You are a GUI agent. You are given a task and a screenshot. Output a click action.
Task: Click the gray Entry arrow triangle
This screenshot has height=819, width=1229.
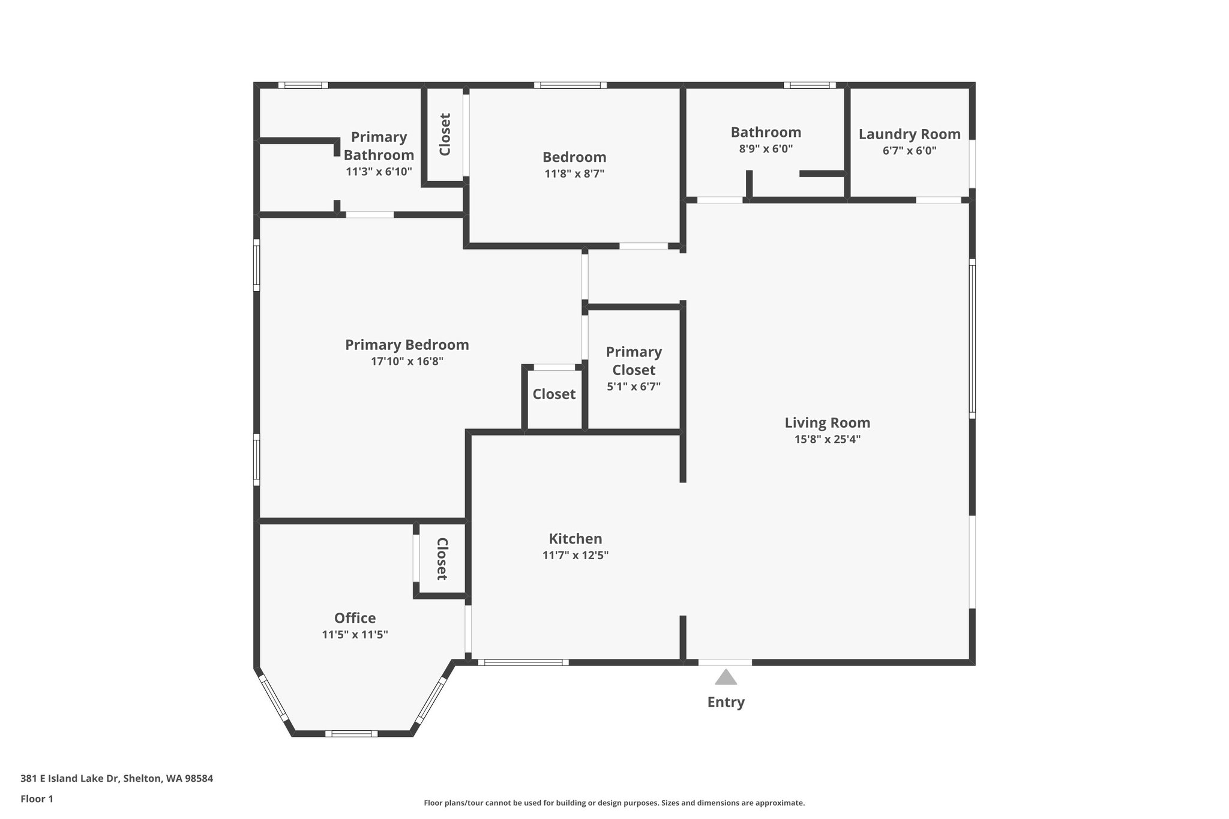tap(726, 677)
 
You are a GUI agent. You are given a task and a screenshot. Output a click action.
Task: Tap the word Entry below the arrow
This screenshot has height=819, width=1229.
tap(726, 702)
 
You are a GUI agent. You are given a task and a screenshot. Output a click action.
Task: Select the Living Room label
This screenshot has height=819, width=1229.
tap(827, 422)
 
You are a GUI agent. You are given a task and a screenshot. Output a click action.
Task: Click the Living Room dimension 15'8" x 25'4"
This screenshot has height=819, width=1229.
tap(827, 439)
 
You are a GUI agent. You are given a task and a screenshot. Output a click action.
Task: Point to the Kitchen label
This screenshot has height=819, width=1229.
tap(575, 539)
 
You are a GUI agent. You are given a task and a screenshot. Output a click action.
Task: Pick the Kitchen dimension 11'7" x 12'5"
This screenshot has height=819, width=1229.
tap(575, 556)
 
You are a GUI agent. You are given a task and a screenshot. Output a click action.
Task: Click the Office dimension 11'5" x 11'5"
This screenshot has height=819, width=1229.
tap(355, 635)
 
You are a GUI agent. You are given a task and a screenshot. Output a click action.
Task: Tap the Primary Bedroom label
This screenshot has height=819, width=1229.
tap(407, 345)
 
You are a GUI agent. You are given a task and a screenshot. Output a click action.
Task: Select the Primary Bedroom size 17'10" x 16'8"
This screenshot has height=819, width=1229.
tap(407, 361)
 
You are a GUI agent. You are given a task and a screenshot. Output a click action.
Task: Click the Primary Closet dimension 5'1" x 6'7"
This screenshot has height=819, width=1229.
tap(633, 387)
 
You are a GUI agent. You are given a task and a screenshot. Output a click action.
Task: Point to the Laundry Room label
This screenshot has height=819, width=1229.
tap(909, 134)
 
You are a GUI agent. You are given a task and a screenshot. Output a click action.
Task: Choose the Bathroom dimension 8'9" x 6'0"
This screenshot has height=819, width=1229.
tap(765, 149)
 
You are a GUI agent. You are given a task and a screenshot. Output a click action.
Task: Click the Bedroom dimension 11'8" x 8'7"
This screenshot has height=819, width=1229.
tap(574, 174)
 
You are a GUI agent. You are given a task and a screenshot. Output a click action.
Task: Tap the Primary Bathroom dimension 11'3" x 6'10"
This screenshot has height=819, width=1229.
tap(379, 172)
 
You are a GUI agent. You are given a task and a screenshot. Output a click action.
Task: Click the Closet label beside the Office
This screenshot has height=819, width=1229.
tap(442, 559)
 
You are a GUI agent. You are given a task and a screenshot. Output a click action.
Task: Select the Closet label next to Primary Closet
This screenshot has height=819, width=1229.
tap(554, 394)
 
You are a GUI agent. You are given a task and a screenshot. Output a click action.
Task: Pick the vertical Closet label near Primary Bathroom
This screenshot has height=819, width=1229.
tap(445, 134)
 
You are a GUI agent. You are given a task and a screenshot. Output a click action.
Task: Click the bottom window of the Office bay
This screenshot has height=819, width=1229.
tap(352, 733)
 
